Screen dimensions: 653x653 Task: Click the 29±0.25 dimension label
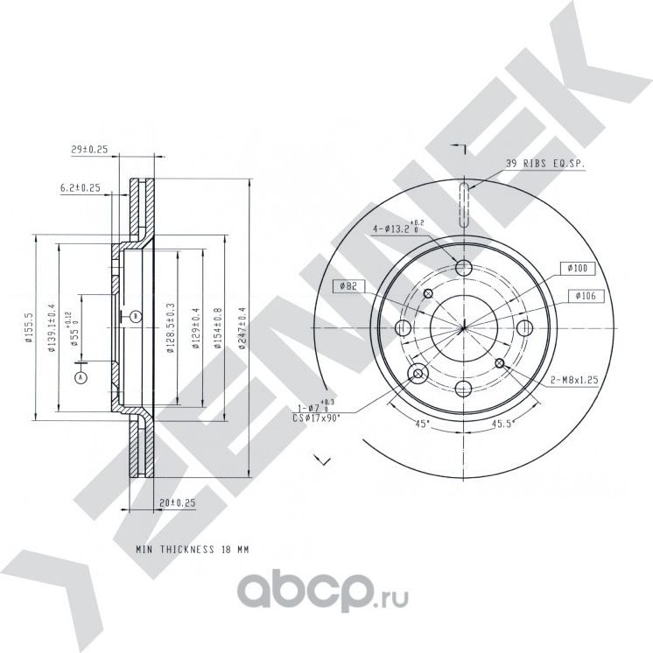(88, 151)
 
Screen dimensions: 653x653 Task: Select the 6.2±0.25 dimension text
(81, 187)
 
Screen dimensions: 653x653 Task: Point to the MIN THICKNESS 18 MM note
(193, 549)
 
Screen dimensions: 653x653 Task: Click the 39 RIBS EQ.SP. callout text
(544, 164)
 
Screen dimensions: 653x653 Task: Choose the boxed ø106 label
(585, 297)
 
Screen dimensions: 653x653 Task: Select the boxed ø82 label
(348, 286)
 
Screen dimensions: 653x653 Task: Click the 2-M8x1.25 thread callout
(573, 381)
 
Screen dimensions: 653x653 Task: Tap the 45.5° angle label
(500, 424)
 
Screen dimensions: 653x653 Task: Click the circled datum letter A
(81, 377)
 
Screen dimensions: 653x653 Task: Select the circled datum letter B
(135, 315)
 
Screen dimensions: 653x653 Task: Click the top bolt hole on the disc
(465, 267)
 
